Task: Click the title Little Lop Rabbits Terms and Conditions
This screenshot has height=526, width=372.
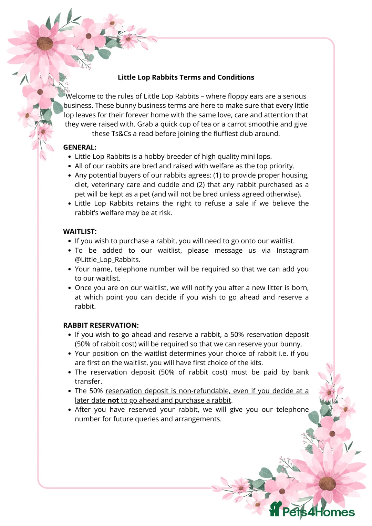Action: tap(186, 77)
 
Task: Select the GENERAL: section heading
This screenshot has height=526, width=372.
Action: tap(80, 147)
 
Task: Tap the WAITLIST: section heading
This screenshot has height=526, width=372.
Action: tap(80, 232)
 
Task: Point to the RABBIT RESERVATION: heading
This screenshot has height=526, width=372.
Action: tap(101, 325)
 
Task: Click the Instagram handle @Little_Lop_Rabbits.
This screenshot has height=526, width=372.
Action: tap(107, 260)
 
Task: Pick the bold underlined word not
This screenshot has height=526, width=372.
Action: tap(113, 400)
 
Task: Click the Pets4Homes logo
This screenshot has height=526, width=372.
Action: tap(312, 512)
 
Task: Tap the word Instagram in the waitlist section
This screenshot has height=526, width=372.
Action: tap(292, 251)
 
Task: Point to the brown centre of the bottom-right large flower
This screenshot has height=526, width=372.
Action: tap(327, 484)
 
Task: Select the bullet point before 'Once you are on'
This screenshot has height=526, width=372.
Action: tap(70, 288)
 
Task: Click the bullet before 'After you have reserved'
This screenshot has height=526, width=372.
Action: tap(70, 410)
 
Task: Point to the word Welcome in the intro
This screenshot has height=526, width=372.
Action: tap(80, 96)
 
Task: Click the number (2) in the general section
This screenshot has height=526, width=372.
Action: tap(201, 185)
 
